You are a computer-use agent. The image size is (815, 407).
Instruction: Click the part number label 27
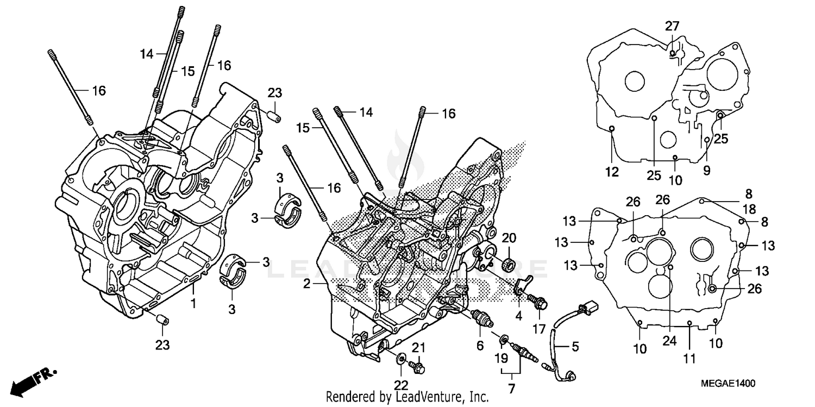[672, 27]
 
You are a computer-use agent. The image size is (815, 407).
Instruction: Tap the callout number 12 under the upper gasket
[612, 172]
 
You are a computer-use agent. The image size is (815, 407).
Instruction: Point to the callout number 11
[689, 359]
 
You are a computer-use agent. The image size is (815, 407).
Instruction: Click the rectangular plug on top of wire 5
[588, 308]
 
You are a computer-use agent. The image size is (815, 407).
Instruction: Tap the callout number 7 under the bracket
[510, 389]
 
